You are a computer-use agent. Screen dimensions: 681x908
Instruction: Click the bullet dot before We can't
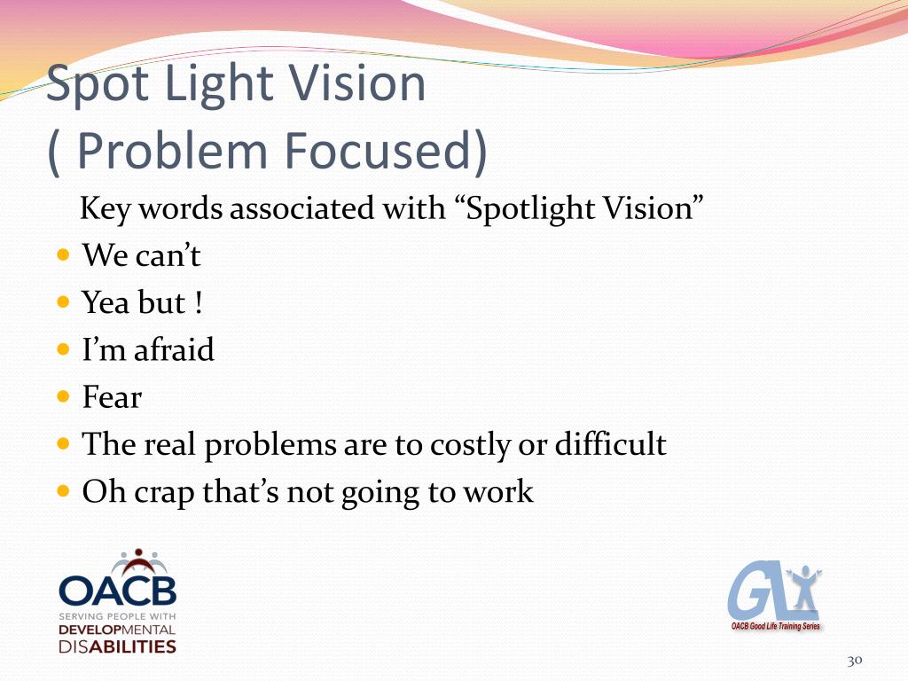(62, 255)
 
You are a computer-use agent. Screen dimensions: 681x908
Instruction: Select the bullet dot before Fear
(62, 396)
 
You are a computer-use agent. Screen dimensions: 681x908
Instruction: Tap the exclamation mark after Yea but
(197, 303)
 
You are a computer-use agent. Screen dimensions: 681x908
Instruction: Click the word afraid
(174, 349)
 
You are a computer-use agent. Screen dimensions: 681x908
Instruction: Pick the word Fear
(112, 397)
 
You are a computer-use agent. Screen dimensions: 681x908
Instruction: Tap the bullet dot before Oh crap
(62, 490)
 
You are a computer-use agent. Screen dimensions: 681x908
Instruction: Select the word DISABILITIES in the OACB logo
(118, 646)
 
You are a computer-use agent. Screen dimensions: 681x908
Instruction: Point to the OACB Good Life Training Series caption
(776, 626)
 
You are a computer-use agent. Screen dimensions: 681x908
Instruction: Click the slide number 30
(855, 660)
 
